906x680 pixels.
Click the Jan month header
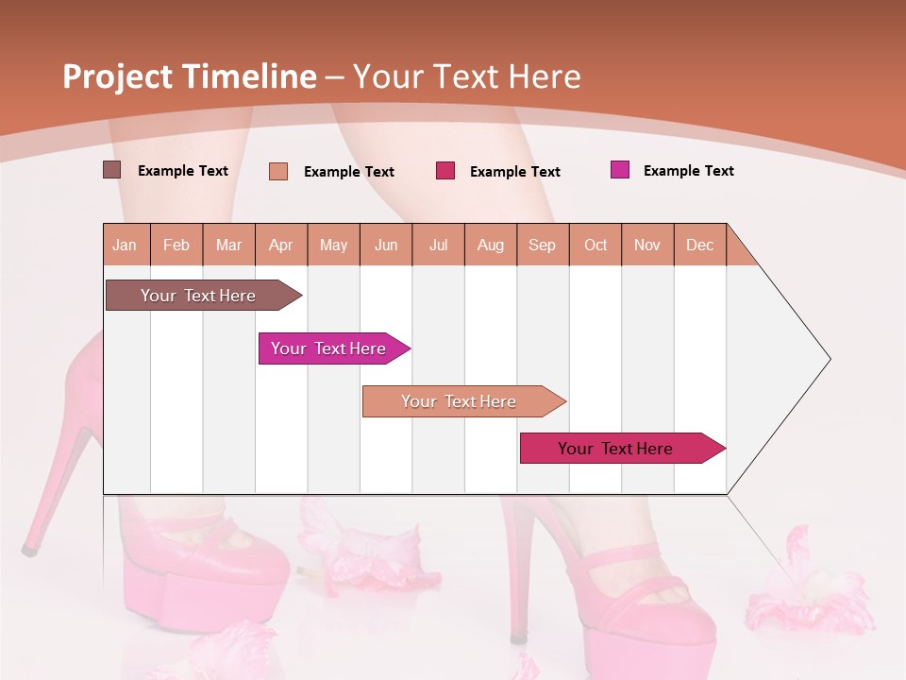coord(125,245)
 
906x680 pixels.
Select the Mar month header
coord(228,245)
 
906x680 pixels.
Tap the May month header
coord(333,245)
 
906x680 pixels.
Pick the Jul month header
coord(438,245)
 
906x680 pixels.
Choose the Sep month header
coord(542,245)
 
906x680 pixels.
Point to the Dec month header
coord(699,245)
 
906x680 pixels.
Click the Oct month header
coord(596,245)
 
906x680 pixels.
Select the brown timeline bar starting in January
coord(198,296)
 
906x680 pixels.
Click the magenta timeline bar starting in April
coord(328,348)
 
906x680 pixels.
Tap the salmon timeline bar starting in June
coord(459,401)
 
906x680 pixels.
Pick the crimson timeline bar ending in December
coord(615,449)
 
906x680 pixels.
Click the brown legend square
coord(111,170)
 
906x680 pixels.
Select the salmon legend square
coord(278,171)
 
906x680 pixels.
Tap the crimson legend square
coord(445,171)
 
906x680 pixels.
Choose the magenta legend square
coord(620,170)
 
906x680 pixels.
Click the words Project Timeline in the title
coord(190,76)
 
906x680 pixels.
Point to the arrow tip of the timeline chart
coord(828,359)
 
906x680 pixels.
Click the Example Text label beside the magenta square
coord(688,171)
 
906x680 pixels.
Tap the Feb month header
coord(176,245)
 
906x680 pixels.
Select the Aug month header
coord(490,245)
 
